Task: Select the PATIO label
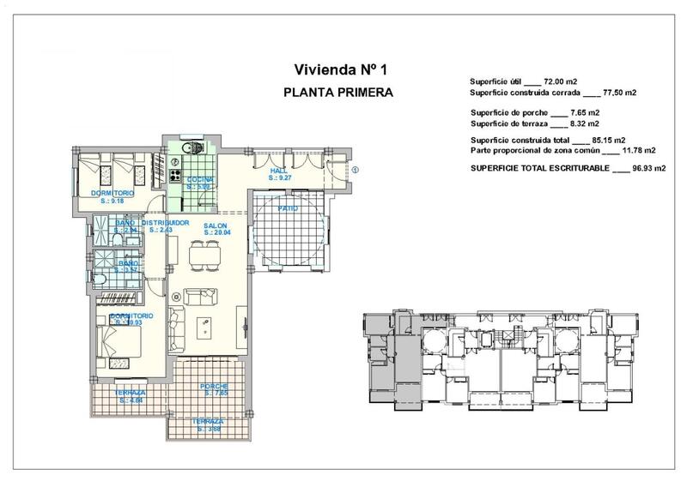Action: [287, 208]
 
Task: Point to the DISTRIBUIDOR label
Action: [164, 224]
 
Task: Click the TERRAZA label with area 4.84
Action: [131, 394]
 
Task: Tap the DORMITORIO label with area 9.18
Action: [112, 195]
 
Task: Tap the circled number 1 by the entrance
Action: [355, 168]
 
